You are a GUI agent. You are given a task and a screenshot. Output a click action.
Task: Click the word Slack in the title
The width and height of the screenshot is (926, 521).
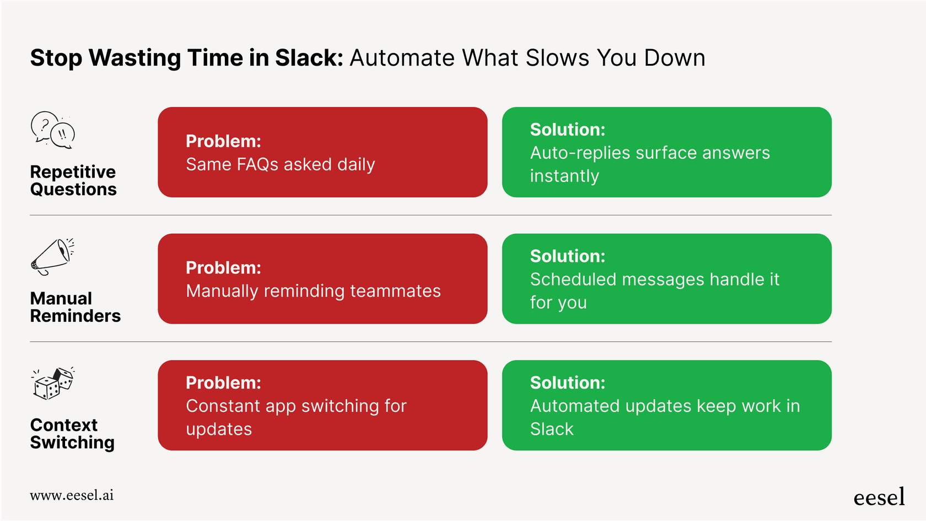click(x=309, y=58)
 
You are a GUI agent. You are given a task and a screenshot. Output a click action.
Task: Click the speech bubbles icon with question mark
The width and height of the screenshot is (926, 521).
click(x=52, y=130)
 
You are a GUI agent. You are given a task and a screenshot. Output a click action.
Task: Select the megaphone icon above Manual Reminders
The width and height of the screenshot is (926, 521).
click(x=52, y=257)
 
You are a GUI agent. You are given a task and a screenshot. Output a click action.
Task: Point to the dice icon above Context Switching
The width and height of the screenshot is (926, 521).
click(x=53, y=383)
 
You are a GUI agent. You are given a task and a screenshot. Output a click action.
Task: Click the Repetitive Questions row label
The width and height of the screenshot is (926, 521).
click(x=73, y=180)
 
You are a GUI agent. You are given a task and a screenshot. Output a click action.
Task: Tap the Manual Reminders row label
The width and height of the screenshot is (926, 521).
click(x=75, y=307)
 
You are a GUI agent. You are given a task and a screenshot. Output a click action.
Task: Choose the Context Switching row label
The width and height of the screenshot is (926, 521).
click(x=72, y=433)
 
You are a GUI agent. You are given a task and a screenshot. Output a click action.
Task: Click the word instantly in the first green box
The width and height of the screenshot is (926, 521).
click(x=564, y=176)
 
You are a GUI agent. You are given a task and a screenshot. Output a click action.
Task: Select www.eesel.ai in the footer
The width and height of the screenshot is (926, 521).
click(x=72, y=495)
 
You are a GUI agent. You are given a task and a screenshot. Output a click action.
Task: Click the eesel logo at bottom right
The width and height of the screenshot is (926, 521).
click(x=879, y=497)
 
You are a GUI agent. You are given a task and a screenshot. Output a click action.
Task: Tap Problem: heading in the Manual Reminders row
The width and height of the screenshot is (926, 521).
click(x=223, y=268)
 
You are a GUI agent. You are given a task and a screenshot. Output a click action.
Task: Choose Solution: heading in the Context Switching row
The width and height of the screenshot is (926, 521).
click(x=567, y=383)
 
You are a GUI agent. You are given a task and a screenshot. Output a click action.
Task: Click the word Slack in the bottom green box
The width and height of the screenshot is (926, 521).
click(x=552, y=429)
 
